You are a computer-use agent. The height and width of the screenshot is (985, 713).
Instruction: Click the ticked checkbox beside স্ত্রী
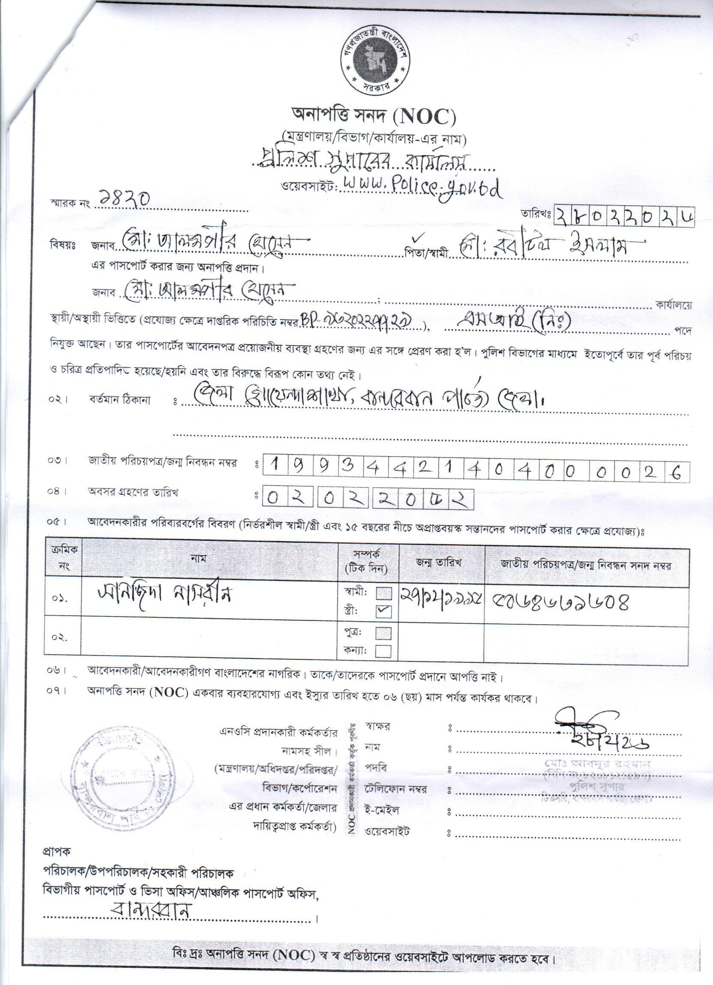click(384, 611)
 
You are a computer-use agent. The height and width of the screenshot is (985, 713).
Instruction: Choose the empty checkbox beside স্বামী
click(384, 593)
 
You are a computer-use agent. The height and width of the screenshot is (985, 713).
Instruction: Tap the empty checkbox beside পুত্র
click(384, 634)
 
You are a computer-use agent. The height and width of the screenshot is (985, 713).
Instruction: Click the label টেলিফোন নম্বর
click(396, 789)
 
